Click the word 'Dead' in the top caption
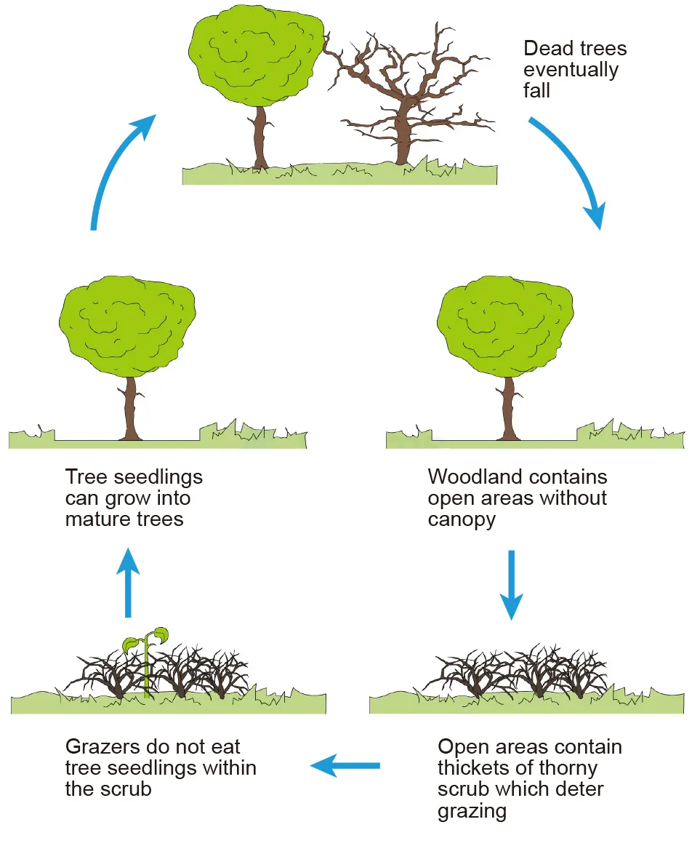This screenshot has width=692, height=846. click(x=547, y=49)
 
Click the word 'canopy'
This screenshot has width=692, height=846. click(x=462, y=520)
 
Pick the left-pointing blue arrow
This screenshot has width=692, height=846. click(x=345, y=765)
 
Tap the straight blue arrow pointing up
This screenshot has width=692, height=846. click(x=129, y=582)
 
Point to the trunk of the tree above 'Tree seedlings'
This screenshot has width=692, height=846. click(x=131, y=407)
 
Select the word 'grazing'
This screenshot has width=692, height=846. click(x=472, y=811)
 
